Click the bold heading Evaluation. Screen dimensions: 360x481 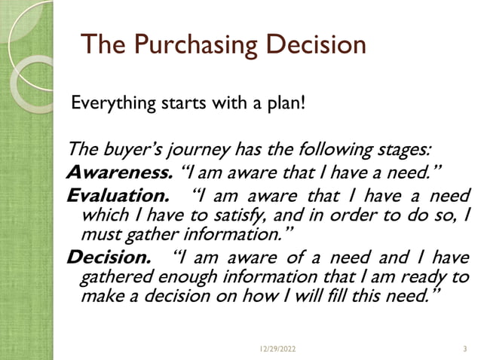tap(115, 198)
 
